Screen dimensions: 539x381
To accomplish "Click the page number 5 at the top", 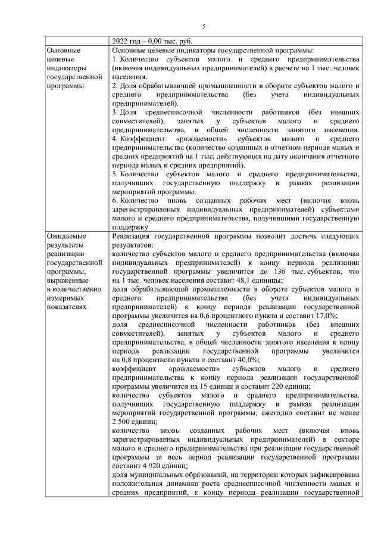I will [203, 26].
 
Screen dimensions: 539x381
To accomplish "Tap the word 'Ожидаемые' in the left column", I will [65, 236].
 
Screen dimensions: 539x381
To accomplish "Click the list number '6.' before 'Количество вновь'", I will [115, 201].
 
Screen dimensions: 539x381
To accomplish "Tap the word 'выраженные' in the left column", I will [67, 281].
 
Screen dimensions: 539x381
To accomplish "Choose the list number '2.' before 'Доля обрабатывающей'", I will [115, 86].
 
